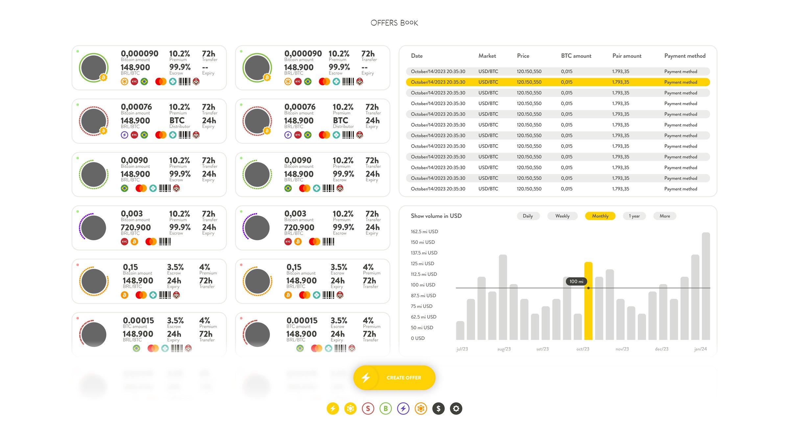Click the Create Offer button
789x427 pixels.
pos(394,378)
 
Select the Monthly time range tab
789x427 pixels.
pos(600,216)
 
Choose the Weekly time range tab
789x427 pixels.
pos(562,216)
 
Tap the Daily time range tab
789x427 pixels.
pos(528,216)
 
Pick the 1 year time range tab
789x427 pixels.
pos(634,216)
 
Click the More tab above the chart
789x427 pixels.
pos(664,216)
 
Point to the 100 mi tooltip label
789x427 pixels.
pos(576,281)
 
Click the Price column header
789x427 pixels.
pos(523,56)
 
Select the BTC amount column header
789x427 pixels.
pos(576,56)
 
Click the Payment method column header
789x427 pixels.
pos(685,56)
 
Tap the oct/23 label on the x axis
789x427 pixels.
pos(583,349)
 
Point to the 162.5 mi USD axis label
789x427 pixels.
pos(424,231)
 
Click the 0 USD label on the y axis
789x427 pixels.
pos(418,338)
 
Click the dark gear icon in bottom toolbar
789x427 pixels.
pos(456,409)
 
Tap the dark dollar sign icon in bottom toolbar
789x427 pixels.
pos(438,409)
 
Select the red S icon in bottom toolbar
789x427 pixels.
pos(368,409)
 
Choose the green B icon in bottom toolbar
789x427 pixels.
pos(386,409)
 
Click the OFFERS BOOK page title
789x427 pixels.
pos(394,23)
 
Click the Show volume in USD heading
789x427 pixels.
pos(436,216)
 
